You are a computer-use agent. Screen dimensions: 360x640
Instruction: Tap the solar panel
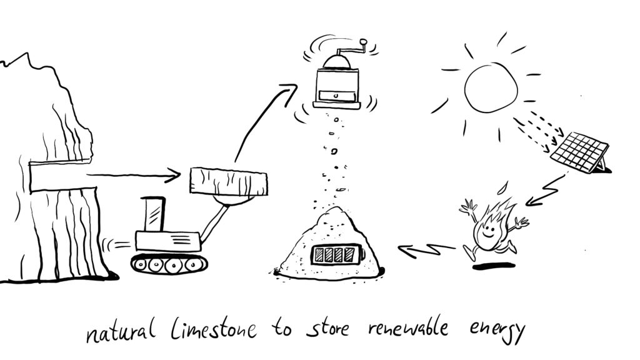(x=580, y=152)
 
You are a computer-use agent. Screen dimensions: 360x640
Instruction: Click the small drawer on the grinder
(x=336, y=96)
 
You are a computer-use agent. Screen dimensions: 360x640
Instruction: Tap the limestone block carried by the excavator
(x=229, y=181)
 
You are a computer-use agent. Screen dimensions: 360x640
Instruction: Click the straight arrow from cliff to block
(x=131, y=176)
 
